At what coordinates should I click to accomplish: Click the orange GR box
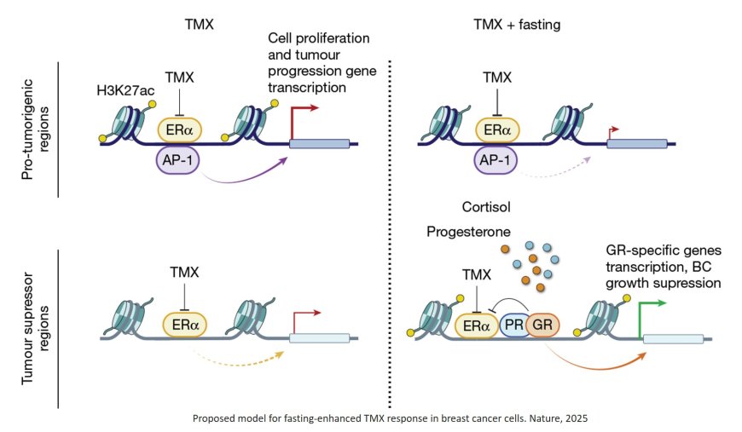pyautogui.click(x=543, y=325)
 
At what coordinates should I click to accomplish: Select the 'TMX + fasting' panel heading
pyautogui.click(x=517, y=25)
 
